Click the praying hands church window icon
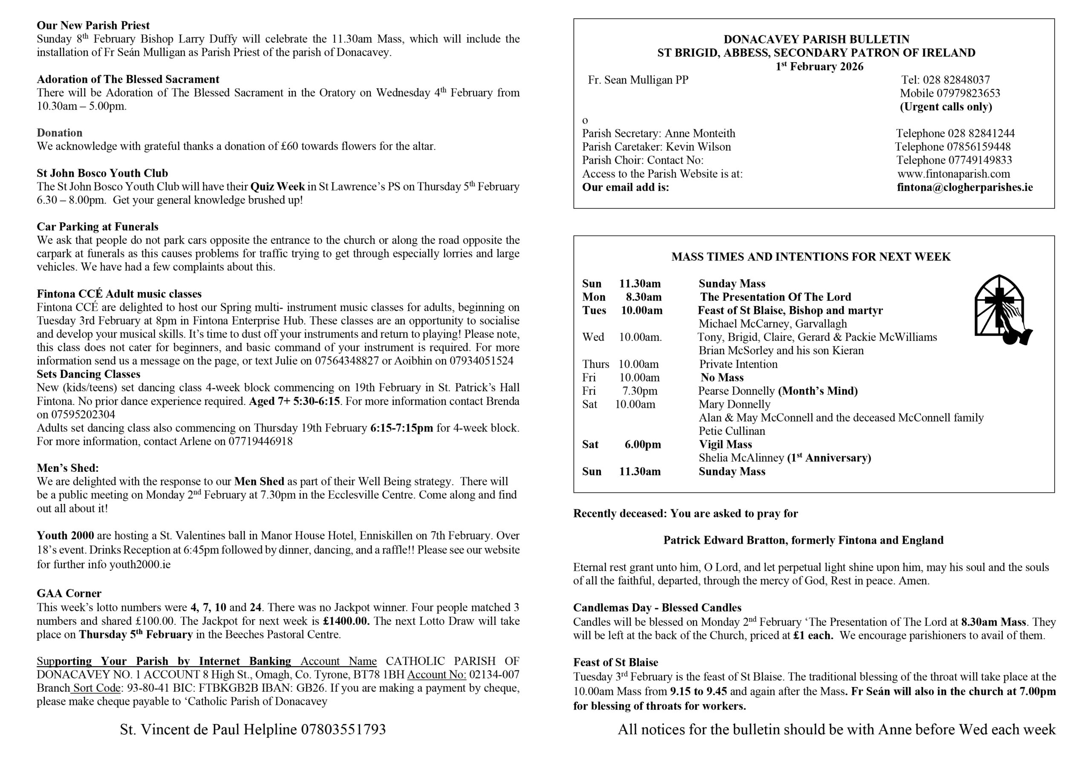pyautogui.click(x=1002, y=309)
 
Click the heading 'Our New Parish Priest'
pyautogui.click(x=93, y=25)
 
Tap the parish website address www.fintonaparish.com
pyautogui.click(x=954, y=174)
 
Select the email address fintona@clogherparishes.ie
pyautogui.click(x=964, y=187)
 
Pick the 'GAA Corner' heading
pyautogui.click(x=69, y=593)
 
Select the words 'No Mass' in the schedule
pyautogui.click(x=722, y=378)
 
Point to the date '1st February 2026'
pyautogui.click(x=819, y=66)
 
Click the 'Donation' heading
pyautogui.click(x=59, y=133)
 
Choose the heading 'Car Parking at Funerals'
pyautogui.click(x=98, y=227)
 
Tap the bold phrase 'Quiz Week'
pyautogui.click(x=277, y=186)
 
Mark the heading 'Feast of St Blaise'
pyautogui.click(x=615, y=662)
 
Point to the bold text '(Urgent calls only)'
pyautogui.click(x=946, y=107)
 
